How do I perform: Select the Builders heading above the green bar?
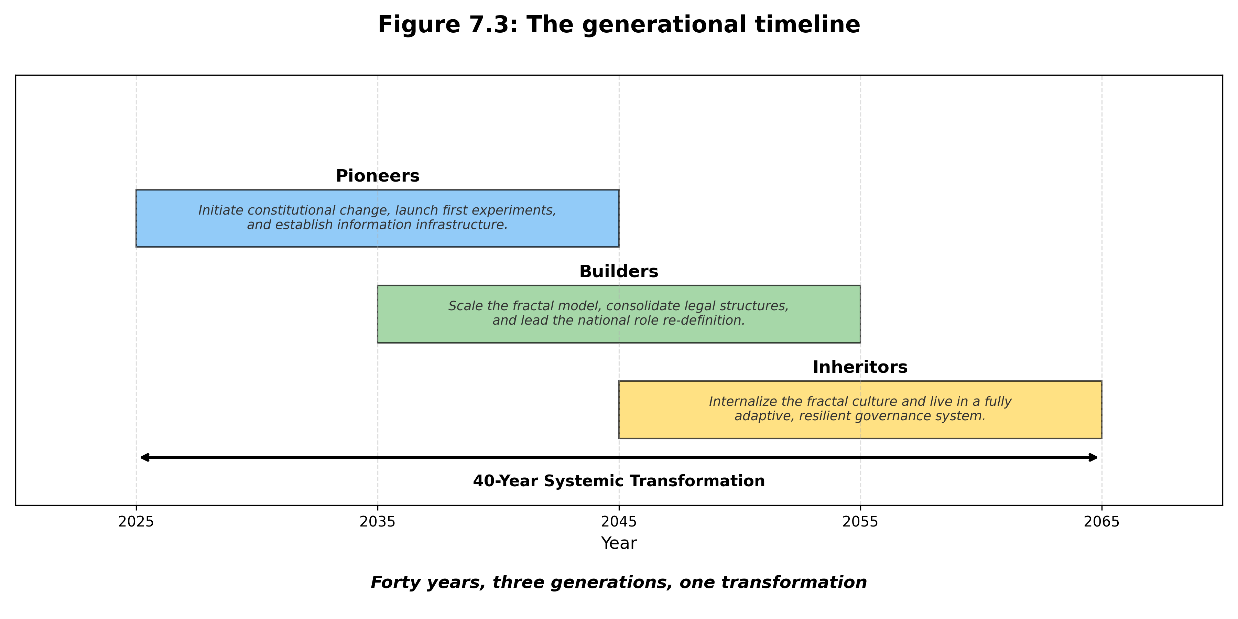[619, 272]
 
